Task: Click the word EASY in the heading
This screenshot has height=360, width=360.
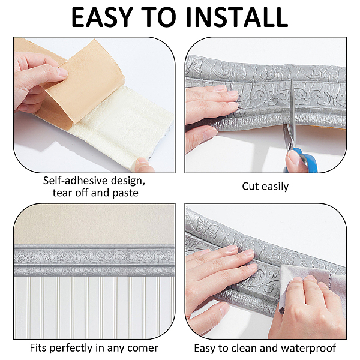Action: (x=103, y=17)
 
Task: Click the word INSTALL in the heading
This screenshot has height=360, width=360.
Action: (x=237, y=17)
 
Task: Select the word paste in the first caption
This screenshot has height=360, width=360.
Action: (x=125, y=193)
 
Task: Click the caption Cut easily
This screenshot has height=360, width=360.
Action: (x=265, y=187)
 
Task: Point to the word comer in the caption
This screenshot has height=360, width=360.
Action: (x=143, y=348)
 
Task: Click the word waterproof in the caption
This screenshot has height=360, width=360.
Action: (x=308, y=348)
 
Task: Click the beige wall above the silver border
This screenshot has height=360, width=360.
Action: (x=94, y=224)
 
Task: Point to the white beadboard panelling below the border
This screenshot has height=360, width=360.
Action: (x=94, y=307)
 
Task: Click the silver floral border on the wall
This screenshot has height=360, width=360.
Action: (x=94, y=260)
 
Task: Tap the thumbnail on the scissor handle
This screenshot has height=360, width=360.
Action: (x=293, y=157)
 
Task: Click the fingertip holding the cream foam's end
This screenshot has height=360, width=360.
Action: (x=143, y=164)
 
